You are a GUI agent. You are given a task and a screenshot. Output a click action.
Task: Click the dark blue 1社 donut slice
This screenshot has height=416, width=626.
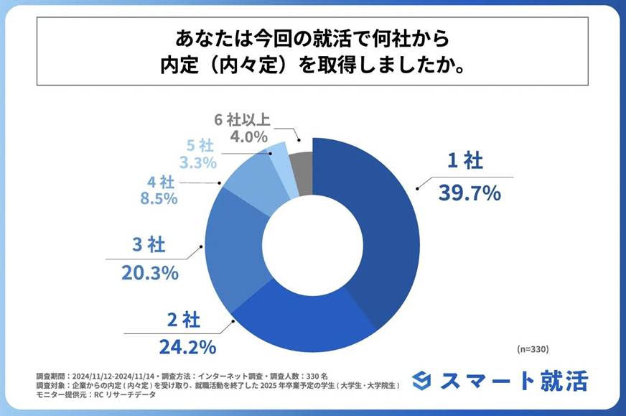[x=380, y=230]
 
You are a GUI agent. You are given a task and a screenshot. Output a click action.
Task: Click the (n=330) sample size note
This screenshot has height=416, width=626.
[x=533, y=349]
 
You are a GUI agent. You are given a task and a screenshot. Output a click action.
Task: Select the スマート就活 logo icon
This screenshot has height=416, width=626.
[x=424, y=380]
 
